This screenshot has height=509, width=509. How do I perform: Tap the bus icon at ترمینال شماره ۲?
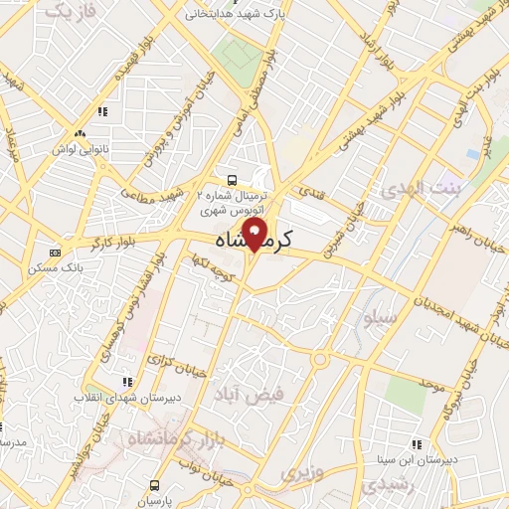[x=232, y=180]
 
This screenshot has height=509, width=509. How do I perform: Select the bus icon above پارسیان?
[x=154, y=484]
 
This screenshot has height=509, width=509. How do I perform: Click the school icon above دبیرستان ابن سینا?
[x=418, y=444]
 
